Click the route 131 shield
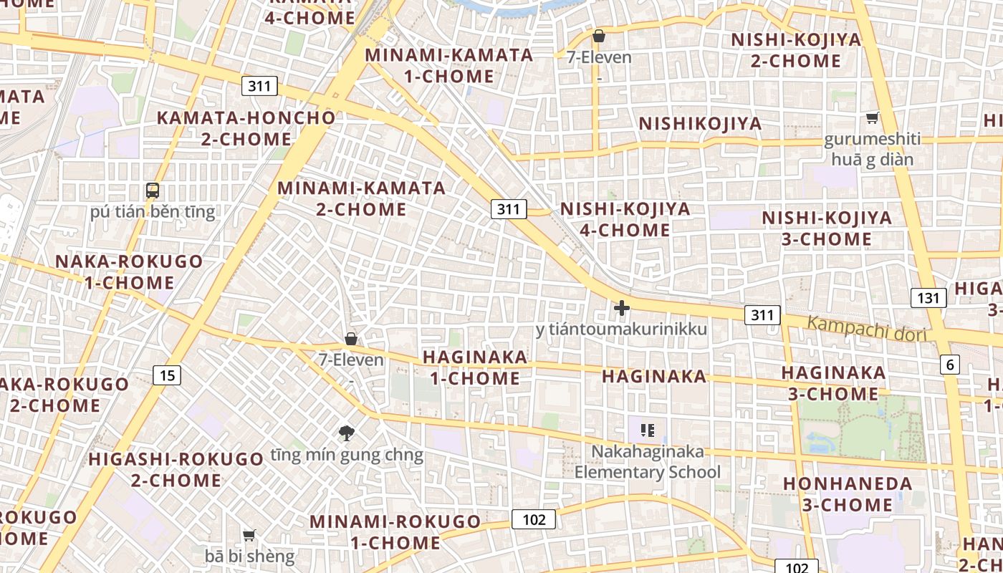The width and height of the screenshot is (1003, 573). [928, 297]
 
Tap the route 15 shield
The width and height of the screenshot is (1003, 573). [166, 375]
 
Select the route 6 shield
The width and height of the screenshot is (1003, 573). [950, 365]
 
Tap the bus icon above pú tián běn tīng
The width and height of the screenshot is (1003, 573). [153, 191]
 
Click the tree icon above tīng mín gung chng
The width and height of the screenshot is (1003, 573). [347, 433]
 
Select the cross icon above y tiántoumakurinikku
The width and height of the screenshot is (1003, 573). [622, 308]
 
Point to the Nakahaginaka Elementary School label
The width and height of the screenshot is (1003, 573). [648, 462]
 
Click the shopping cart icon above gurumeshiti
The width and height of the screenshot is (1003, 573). [872, 117]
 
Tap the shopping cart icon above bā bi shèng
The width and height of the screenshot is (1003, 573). [249, 535]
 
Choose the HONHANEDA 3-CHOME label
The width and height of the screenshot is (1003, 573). [848, 494]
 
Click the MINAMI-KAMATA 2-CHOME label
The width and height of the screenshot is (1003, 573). [362, 198]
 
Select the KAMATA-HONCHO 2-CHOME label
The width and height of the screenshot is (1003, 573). [246, 128]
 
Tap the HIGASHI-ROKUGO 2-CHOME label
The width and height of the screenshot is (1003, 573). [176, 469]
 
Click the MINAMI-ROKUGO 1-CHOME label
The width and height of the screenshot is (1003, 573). [395, 531]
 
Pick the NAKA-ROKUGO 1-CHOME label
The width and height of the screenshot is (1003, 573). [129, 271]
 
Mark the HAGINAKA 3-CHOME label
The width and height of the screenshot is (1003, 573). [833, 383]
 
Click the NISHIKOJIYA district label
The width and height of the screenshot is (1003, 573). [700, 124]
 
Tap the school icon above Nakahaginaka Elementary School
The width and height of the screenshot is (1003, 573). [648, 430]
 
